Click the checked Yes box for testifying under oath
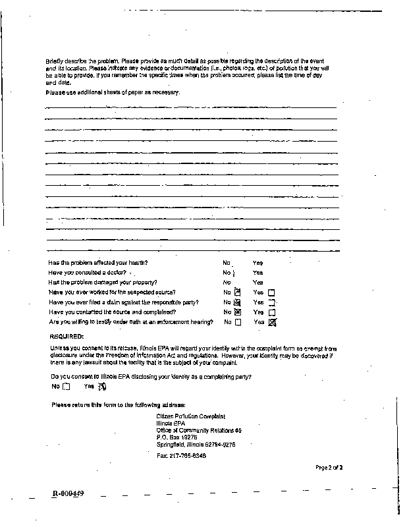click(272, 322)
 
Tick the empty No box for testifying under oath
click(238, 322)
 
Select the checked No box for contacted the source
click(238, 312)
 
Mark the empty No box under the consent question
click(66, 387)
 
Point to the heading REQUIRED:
click(67, 337)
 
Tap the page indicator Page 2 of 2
click(329, 467)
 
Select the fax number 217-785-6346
click(181, 456)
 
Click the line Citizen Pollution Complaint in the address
click(190, 416)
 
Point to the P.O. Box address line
click(176, 437)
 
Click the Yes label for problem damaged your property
click(258, 282)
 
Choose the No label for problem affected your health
click(227, 263)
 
